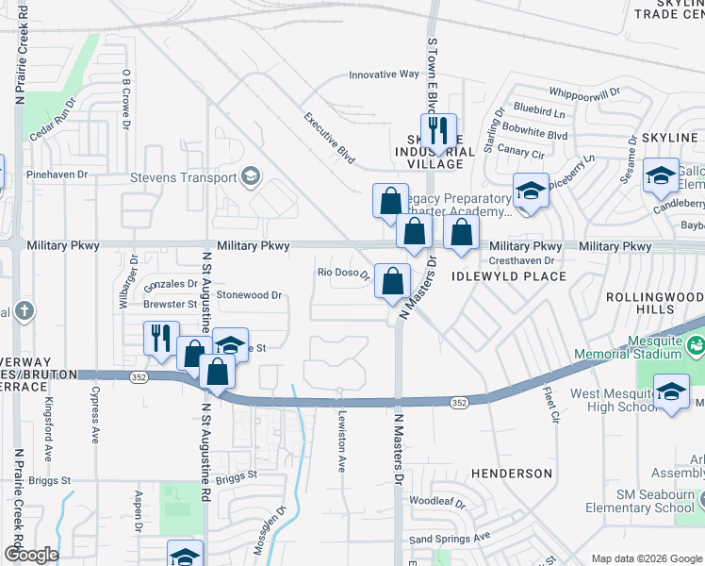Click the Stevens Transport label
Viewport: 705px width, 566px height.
[x=183, y=176]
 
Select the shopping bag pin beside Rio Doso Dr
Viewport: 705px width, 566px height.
[x=392, y=280]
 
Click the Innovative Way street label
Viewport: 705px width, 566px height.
[x=384, y=75]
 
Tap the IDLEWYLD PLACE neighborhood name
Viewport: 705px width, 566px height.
[x=509, y=276]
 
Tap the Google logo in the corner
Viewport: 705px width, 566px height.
[x=31, y=555]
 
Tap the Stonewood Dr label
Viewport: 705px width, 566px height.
[x=250, y=295]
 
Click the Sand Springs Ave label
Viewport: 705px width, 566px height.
[x=451, y=538]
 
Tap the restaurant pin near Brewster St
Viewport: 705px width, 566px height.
[x=161, y=337]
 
